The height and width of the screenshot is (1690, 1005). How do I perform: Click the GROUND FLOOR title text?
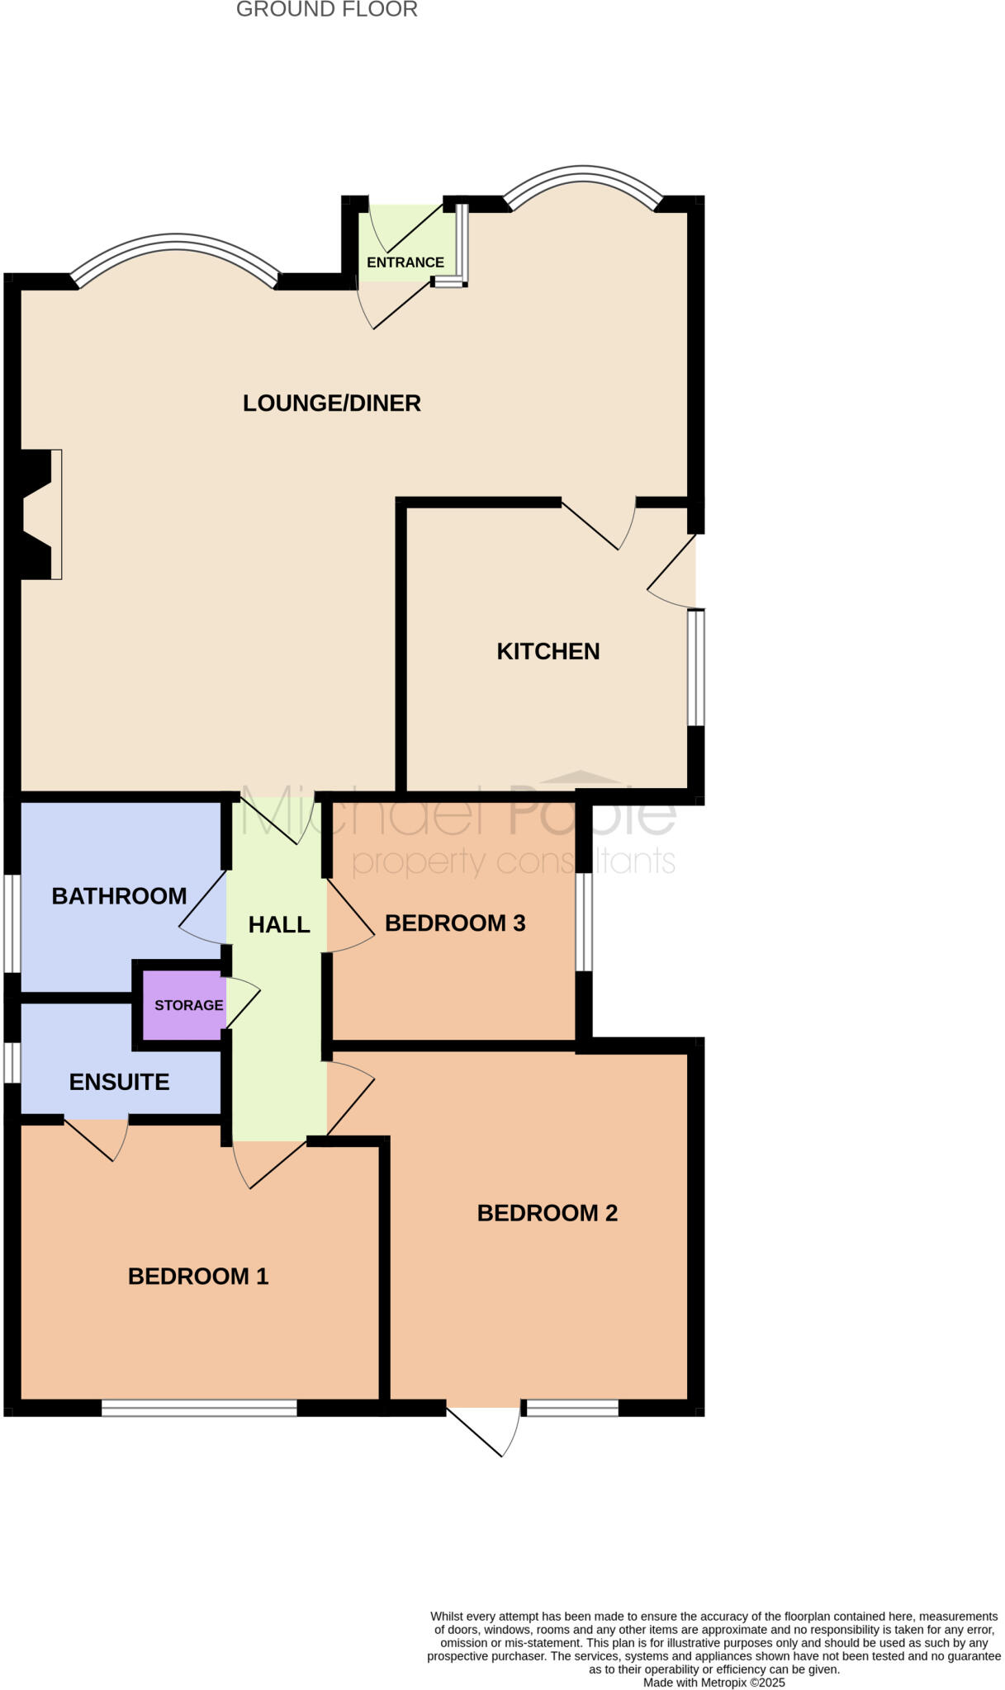coord(326,10)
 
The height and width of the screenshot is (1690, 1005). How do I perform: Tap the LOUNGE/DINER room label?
coord(331,403)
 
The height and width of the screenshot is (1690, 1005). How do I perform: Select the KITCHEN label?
coord(548,651)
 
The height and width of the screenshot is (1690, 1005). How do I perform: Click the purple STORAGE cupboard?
coord(184,1005)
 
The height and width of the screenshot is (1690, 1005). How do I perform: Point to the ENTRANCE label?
coord(405,262)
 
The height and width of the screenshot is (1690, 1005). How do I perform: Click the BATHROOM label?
coord(119,896)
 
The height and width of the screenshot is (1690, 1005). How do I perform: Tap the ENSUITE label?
coord(119,1082)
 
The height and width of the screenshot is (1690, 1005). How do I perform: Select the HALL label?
coord(279,925)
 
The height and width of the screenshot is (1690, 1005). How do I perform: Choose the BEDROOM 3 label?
coord(455,923)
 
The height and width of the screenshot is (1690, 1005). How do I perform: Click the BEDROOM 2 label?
coord(547,1213)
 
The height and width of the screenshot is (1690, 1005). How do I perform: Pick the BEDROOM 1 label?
coord(198,1277)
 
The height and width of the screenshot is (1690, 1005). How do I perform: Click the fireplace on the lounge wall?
coord(40,514)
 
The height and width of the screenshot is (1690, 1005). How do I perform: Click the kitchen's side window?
coord(696,667)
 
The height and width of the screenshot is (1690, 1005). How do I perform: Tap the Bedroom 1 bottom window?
coord(198,1408)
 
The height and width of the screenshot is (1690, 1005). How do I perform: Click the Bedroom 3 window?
coord(584,921)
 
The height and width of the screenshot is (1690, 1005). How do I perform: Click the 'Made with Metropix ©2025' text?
coord(713,1682)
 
